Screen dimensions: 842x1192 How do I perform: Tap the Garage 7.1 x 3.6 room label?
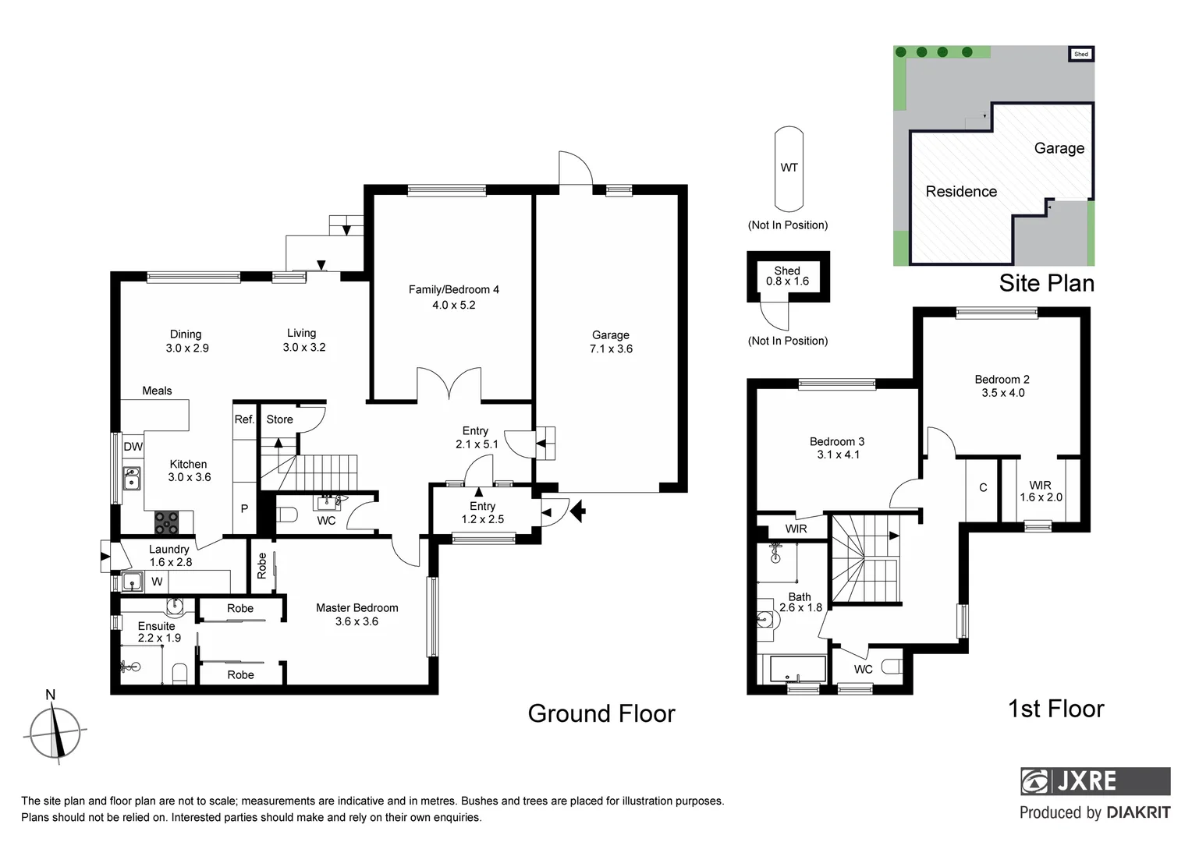point(611,342)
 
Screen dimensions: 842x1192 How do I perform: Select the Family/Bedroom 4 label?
point(453,297)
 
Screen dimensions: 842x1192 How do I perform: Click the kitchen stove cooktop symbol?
point(166,521)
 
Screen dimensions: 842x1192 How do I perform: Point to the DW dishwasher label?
point(133,447)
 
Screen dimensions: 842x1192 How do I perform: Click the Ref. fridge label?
point(244,419)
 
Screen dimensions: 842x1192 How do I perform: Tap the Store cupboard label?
point(279,419)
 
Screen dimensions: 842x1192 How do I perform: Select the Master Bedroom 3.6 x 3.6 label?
point(357,614)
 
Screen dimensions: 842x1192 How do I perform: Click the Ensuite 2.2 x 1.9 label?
point(158,631)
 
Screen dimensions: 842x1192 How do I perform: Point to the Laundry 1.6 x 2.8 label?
point(169,555)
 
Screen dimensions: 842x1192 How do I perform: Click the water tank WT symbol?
point(789,168)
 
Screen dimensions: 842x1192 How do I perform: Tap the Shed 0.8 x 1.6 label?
point(787,276)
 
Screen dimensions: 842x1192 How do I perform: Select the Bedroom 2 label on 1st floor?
point(1002,386)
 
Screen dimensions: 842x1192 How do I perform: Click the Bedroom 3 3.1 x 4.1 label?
point(837,448)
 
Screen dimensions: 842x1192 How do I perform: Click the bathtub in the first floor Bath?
point(796,669)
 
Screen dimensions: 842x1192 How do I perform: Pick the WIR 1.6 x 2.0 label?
point(1040,491)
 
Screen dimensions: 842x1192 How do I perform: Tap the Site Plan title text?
point(1046,283)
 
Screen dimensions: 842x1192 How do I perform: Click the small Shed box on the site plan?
point(1080,54)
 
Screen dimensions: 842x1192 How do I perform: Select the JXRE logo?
point(1094,780)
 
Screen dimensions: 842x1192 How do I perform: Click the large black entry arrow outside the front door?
point(578,511)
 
